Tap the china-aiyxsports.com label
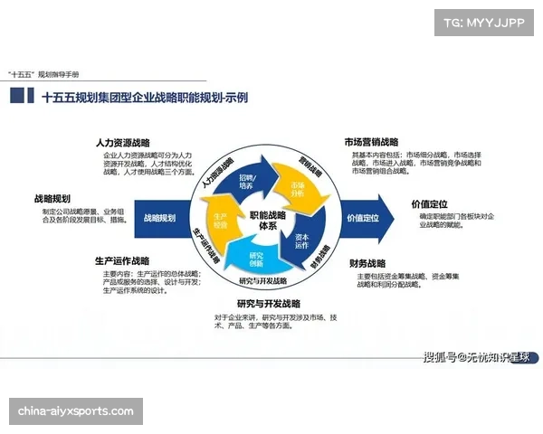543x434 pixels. (x=75, y=411)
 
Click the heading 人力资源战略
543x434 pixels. (x=123, y=143)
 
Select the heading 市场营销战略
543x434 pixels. (x=371, y=142)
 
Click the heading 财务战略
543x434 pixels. (x=370, y=263)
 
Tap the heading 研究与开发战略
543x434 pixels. (x=269, y=304)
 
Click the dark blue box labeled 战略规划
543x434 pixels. (x=160, y=218)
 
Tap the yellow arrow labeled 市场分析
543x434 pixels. (x=296, y=189)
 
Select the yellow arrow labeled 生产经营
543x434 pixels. (x=221, y=221)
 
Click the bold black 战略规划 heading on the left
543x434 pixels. (x=52, y=198)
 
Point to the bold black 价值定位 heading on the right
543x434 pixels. (x=429, y=203)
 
